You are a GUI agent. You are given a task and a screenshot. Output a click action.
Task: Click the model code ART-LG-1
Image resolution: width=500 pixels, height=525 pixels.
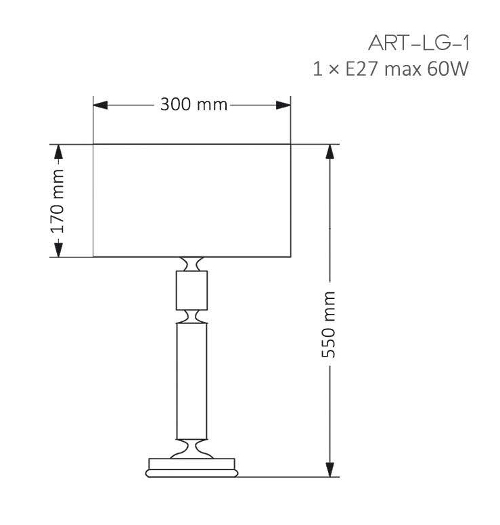click(418, 43)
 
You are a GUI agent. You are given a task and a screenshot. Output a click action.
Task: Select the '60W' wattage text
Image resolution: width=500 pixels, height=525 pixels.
click(447, 70)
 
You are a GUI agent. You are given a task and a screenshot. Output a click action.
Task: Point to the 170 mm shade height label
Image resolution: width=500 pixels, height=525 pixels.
click(58, 201)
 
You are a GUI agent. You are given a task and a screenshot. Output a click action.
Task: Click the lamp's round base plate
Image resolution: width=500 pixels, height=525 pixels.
click(191, 467)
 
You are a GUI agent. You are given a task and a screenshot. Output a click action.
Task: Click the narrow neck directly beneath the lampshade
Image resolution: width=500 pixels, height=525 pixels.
click(191, 264)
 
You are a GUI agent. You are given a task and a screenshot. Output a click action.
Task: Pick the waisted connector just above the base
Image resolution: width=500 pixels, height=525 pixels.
click(191, 448)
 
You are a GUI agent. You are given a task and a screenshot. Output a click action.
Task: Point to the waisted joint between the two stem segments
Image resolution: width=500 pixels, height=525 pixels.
click(191, 316)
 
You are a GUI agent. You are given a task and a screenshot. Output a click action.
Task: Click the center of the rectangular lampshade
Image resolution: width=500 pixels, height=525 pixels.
click(191, 201)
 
